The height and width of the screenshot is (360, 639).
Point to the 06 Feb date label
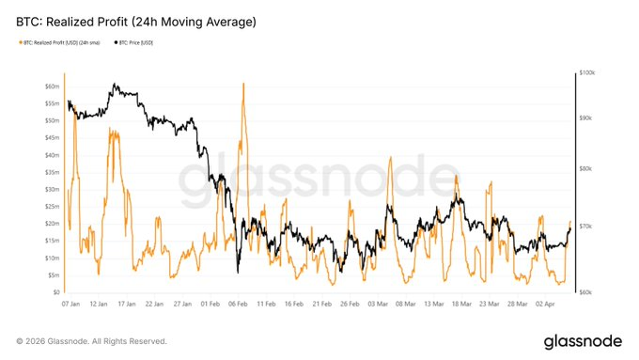239,305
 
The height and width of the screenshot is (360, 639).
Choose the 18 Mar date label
460,305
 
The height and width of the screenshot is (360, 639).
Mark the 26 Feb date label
350,305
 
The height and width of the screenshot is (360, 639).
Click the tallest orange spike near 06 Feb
243,84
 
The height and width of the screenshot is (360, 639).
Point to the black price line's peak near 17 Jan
114,85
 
